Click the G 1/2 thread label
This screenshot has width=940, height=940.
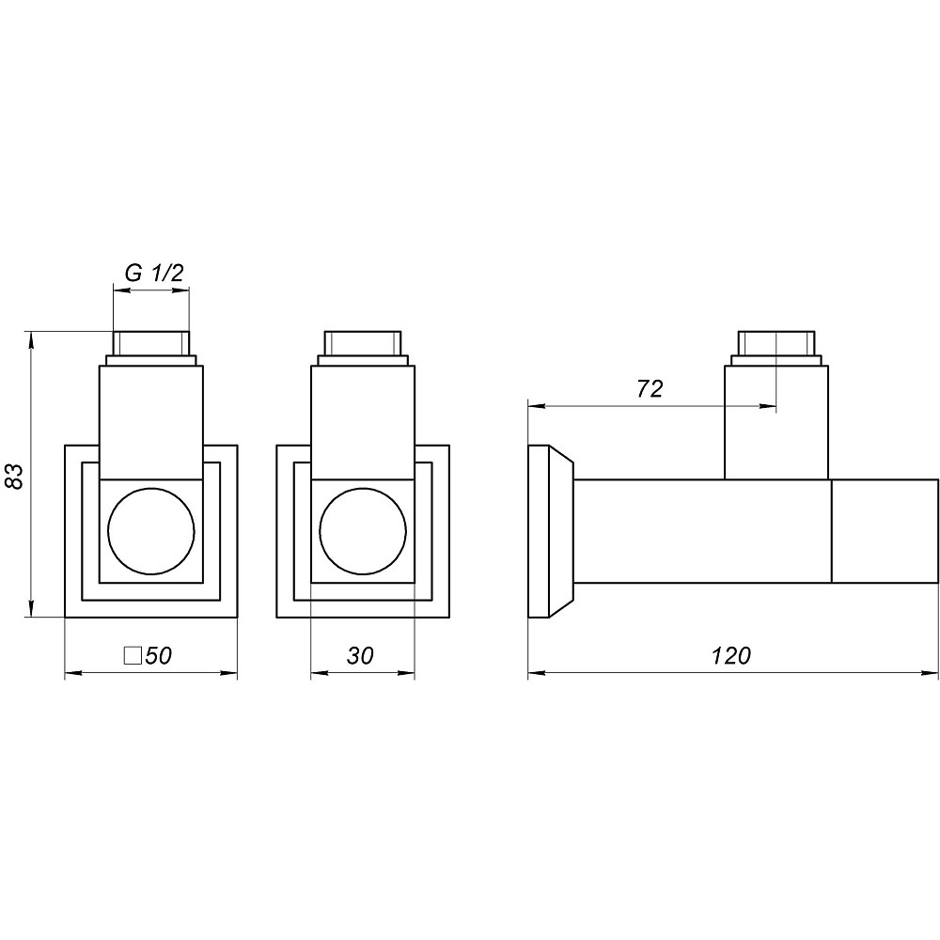153,274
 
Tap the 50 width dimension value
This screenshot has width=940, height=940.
158,656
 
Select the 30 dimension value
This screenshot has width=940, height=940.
360,656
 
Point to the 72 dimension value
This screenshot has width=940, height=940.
650,389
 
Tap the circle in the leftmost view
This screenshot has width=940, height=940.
151,532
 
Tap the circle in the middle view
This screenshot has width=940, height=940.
363,532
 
